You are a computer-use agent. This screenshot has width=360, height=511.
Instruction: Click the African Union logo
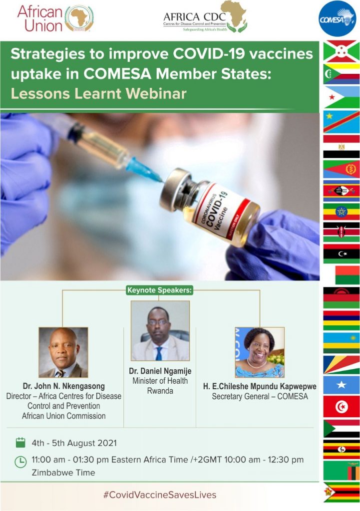pyautogui.click(x=55, y=18)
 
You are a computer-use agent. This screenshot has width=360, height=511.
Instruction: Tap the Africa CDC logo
pyautogui.click(x=205, y=17)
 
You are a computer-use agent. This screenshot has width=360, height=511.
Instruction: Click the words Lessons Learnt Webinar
pyautogui.click(x=98, y=93)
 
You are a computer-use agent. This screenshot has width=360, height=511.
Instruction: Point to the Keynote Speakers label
pyautogui.click(x=159, y=290)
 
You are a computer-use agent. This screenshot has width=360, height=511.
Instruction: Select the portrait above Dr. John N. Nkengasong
pyautogui.click(x=63, y=352)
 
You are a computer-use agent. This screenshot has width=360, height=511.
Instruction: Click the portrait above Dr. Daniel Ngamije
pyautogui.click(x=160, y=330)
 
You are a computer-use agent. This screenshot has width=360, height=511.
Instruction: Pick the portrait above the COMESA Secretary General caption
pyautogui.click(x=260, y=352)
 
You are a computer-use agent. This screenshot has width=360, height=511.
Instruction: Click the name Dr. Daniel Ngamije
pyautogui.click(x=160, y=371)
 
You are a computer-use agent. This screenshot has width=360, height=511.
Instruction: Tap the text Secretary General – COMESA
pyautogui.click(x=260, y=396)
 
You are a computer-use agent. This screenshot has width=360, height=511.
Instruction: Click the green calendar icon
pyautogui.click(x=20, y=443)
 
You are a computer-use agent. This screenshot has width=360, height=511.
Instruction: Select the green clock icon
pyautogui.click(x=20, y=462)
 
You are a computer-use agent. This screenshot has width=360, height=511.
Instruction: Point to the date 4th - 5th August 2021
pyautogui.click(x=74, y=443)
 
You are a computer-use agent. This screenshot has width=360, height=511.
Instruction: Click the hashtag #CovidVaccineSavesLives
pyautogui.click(x=160, y=495)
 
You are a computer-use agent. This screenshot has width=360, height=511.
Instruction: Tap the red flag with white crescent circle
pyautogui.click(x=342, y=407)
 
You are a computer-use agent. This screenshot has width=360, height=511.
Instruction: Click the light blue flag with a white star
pyautogui.click(x=342, y=385)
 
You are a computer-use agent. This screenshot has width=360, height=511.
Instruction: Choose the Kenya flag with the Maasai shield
pyautogui.click(x=342, y=232)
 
